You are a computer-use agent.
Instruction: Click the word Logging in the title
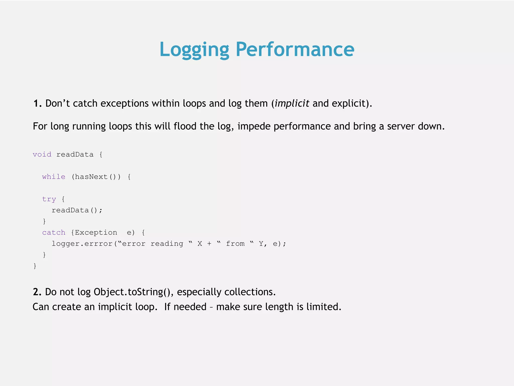pos(194,50)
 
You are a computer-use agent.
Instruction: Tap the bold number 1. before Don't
pos(37,103)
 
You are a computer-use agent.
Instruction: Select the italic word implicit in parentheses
pos(292,103)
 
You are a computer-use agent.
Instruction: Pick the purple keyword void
pos(42,154)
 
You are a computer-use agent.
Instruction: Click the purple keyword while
pos(54,177)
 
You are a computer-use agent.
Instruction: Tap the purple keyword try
pos(49,199)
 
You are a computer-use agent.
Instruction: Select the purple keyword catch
pos(54,232)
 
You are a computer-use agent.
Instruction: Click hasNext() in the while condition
pos(96,177)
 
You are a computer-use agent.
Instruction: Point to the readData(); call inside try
pos(77,210)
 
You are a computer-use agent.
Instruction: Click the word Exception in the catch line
pos(96,232)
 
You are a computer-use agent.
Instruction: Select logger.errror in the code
pos(82,244)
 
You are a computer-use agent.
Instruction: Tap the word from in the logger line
pos(235,244)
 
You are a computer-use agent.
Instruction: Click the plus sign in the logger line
pos(209,244)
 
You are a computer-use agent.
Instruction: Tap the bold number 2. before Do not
pos(37,292)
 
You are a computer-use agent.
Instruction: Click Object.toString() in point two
pos(132,292)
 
